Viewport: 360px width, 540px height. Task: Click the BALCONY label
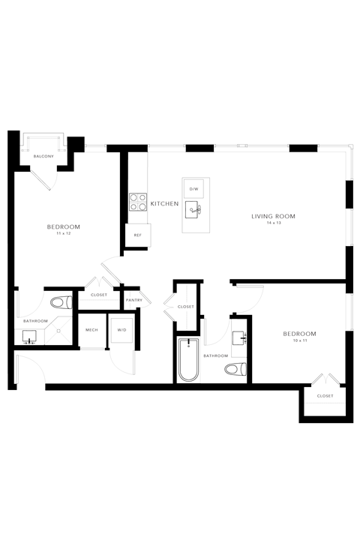43,156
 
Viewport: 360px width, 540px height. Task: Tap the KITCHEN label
165,204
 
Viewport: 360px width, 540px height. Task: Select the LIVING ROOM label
273,216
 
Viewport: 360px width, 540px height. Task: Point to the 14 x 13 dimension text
273,223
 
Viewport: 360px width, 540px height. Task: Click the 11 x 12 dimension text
64,233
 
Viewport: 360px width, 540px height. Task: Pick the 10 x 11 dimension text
300,340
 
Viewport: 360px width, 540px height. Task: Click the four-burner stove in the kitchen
138,202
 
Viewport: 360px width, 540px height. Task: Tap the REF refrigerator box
138,235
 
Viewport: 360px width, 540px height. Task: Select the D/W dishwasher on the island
194,189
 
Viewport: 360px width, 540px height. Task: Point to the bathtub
188,360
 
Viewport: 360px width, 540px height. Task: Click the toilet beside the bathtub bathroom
235,370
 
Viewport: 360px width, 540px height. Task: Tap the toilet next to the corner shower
61,303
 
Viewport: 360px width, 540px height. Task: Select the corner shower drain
58,331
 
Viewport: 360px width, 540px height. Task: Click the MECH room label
91,330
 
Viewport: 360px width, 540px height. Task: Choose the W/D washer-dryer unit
121,330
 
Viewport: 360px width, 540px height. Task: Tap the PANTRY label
134,300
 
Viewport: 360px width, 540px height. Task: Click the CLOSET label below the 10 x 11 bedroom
325,396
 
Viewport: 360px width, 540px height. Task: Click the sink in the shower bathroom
30,337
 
